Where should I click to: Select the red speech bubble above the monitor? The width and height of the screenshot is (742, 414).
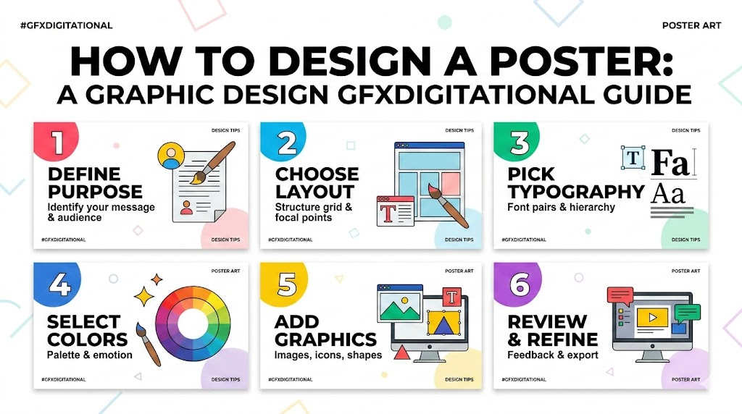click(x=620, y=295)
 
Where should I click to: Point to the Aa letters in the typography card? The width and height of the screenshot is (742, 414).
click(x=668, y=193)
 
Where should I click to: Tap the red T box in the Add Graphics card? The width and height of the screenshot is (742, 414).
click(x=452, y=297)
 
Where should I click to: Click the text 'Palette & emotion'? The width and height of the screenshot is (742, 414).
click(x=89, y=355)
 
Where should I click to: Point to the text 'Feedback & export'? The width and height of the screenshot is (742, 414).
click(x=553, y=355)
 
